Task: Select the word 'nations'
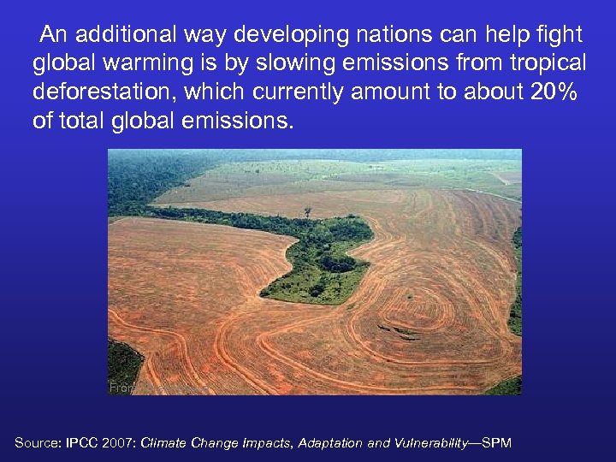(x=387, y=34)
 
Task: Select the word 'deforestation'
(x=110, y=92)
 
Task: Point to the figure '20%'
(x=554, y=92)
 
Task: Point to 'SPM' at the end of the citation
(x=496, y=442)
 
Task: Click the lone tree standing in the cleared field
(x=307, y=210)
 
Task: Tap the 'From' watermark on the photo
(x=121, y=388)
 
